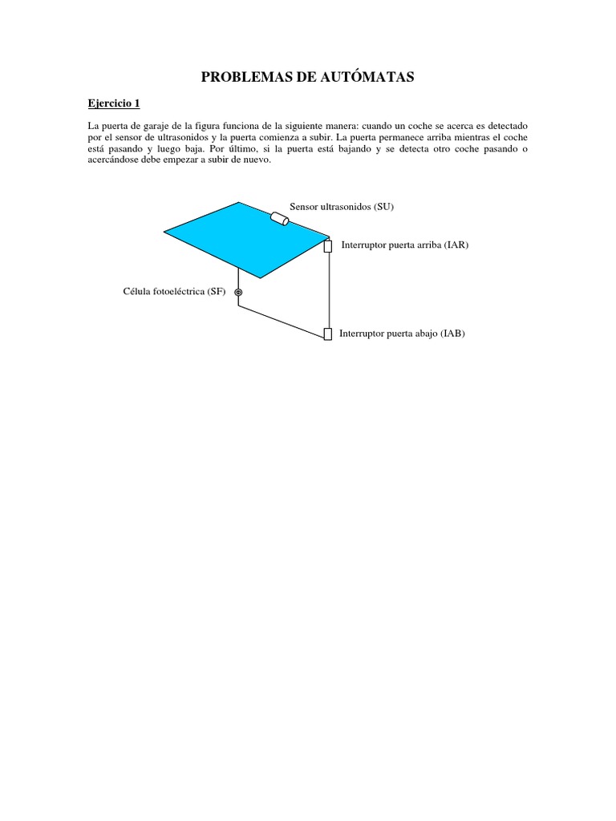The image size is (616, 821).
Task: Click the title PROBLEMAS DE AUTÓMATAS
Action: point(307,77)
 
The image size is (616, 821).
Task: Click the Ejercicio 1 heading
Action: point(113,103)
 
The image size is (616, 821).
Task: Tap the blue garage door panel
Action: point(245,236)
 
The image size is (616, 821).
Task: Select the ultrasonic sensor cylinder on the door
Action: point(280,219)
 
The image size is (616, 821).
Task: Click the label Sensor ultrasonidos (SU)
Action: point(342,207)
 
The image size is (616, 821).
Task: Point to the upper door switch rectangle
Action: point(328,246)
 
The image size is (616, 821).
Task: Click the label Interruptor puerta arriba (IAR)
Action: point(404,245)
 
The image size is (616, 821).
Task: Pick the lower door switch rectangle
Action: point(327,334)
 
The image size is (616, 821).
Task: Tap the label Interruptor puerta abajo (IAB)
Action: point(402,334)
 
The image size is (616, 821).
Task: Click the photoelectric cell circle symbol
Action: point(238,293)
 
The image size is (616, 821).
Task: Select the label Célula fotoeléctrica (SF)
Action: point(174,292)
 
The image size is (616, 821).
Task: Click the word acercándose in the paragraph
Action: point(111,159)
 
